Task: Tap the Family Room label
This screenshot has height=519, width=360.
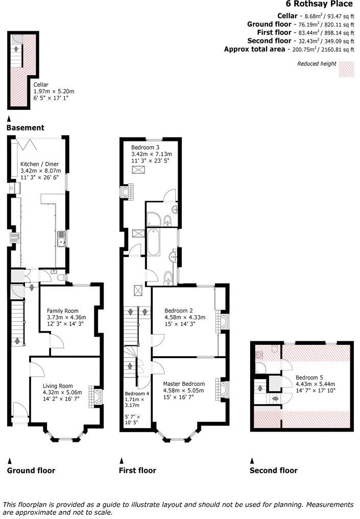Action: (x=62, y=311)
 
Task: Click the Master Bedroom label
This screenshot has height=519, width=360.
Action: (x=184, y=384)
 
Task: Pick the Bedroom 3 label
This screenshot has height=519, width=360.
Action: (x=145, y=148)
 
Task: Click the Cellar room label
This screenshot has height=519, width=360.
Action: (x=41, y=84)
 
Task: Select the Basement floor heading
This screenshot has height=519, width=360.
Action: (x=26, y=128)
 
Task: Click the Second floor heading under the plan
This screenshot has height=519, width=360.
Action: (x=273, y=470)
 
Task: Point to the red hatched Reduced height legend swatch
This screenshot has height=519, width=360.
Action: (x=347, y=69)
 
